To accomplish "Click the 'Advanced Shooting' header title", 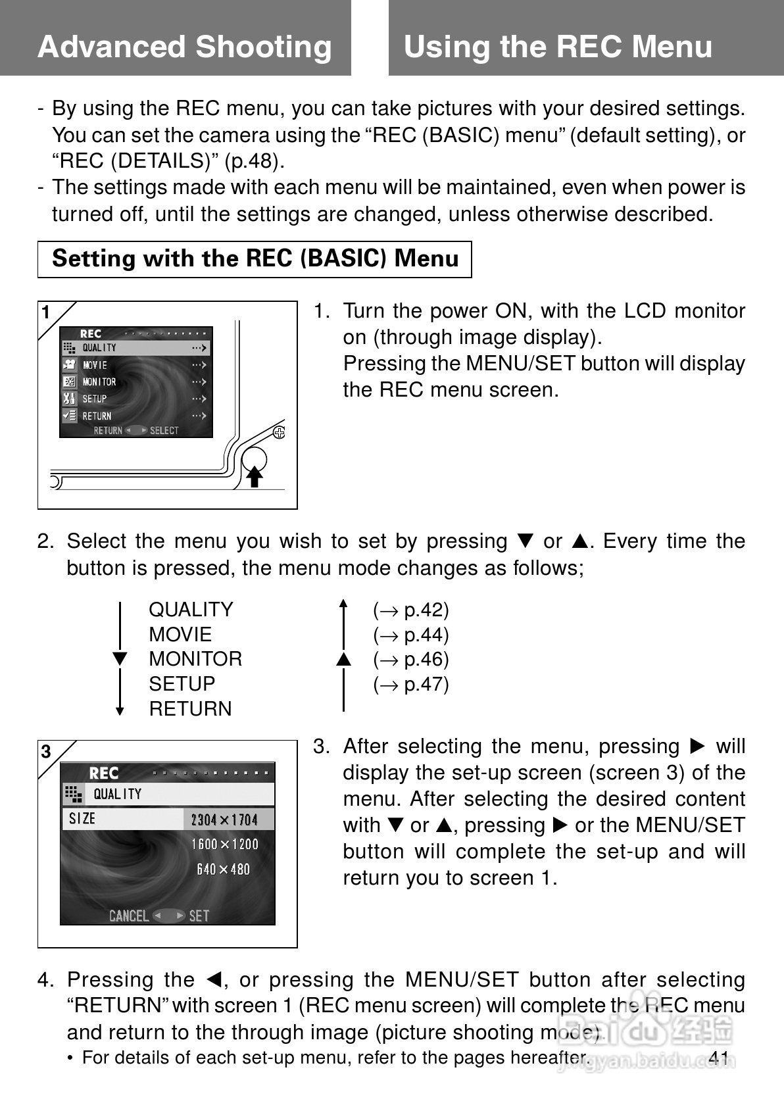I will [185, 47].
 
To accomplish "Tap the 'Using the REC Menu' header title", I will [558, 47].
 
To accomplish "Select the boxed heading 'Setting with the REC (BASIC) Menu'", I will [255, 258].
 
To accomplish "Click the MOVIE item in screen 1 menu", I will [95, 365].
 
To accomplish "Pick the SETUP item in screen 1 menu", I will [95, 399].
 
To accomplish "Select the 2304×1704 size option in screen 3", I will [224, 820].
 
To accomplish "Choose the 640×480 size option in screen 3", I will [224, 870].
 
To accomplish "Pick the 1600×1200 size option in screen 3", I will [224, 845].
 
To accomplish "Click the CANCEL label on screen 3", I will [129, 916].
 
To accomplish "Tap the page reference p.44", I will [411, 635].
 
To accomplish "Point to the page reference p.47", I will [411, 685].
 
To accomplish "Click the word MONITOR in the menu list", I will [195, 659].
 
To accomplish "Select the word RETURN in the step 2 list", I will [190, 709].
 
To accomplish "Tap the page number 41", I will [719, 1058].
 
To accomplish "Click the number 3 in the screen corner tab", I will [46, 752].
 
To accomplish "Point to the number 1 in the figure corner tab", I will [46, 312].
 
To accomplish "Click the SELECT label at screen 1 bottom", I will [164, 431].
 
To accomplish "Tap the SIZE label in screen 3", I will [82, 819].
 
